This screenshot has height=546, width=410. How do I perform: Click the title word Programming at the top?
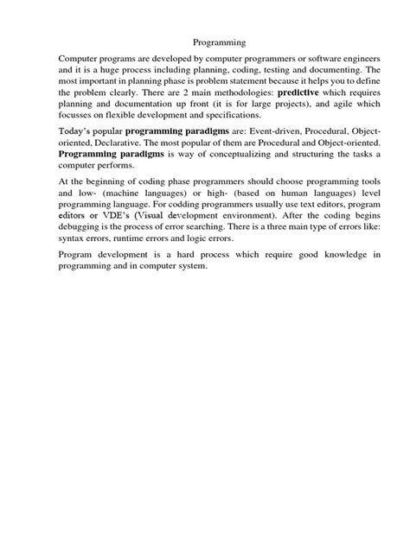pyautogui.click(x=219, y=40)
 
